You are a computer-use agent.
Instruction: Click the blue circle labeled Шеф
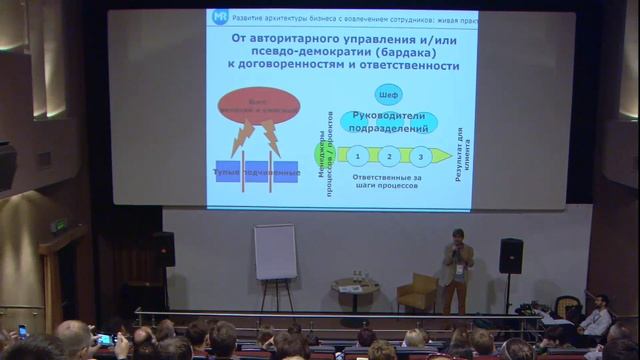pyautogui.click(x=389, y=96)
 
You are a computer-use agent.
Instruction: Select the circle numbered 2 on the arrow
pyautogui.click(x=389, y=156)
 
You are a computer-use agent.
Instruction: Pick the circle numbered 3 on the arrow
pyautogui.click(x=420, y=156)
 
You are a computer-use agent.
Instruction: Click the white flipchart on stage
pyautogui.click(x=275, y=251)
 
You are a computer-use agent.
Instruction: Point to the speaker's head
pyautogui.click(x=457, y=237)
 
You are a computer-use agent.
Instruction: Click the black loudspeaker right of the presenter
pyautogui.click(x=511, y=255)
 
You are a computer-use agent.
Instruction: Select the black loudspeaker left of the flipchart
pyautogui.click(x=164, y=249)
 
